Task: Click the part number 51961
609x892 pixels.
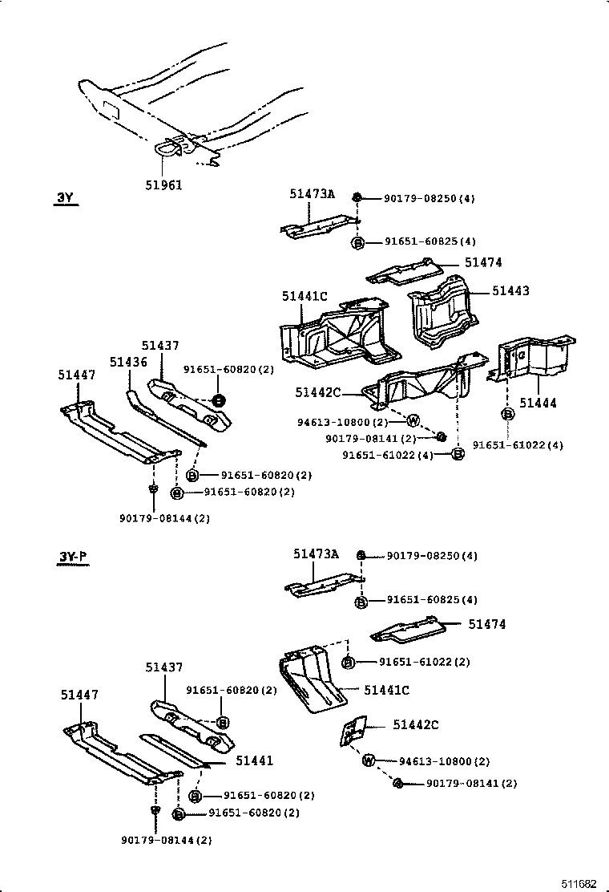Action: [x=164, y=185]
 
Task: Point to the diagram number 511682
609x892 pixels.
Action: [x=579, y=883]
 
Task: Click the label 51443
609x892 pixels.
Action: [x=510, y=292]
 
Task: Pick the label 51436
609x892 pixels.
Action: [x=128, y=363]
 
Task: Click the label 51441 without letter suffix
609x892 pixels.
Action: [x=254, y=760]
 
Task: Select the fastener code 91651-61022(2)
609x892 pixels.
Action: [x=424, y=662]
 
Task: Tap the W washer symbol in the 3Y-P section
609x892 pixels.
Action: [x=369, y=760]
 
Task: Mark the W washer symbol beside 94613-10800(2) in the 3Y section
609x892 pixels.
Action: [x=413, y=420]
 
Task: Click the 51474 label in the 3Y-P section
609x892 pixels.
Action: [x=487, y=623]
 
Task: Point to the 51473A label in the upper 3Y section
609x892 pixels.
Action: [x=313, y=194]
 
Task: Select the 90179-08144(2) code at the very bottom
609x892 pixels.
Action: [x=167, y=840]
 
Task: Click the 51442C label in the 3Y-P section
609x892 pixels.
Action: [x=416, y=725]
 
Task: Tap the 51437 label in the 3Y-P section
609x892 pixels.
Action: [x=164, y=667]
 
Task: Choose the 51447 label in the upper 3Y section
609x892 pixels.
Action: [x=77, y=375]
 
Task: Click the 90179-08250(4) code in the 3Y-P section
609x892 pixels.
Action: [x=432, y=556]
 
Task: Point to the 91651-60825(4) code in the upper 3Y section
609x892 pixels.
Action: [x=430, y=241]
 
